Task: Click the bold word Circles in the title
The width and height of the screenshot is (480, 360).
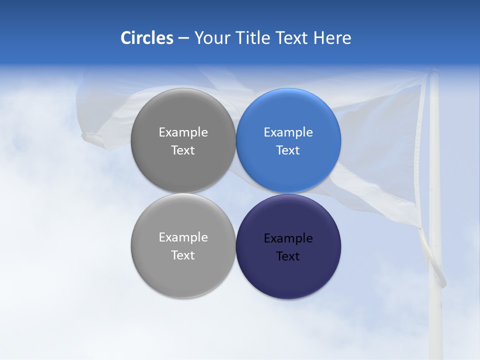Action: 146,38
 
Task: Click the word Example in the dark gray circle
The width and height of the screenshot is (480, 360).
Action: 183,132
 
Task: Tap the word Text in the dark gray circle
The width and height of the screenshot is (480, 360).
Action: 183,150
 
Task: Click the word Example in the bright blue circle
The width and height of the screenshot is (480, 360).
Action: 288,132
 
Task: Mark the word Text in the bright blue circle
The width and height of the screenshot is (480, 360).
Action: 288,150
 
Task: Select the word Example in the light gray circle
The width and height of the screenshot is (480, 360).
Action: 183,237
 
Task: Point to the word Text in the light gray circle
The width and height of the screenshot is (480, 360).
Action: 183,255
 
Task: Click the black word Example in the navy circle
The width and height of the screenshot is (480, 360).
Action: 288,238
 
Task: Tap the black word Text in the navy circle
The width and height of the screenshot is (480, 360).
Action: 288,256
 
